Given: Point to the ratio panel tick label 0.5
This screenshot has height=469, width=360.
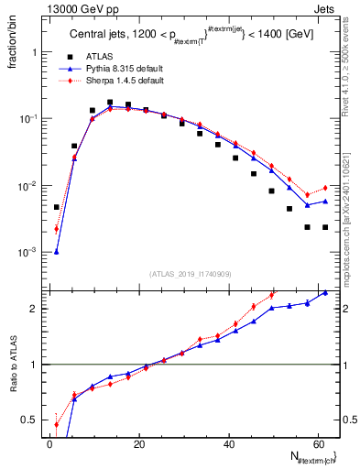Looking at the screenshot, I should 32,420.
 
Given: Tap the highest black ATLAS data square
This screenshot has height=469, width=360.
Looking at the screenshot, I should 110,103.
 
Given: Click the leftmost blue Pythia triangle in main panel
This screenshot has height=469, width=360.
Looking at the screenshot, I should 57,251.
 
